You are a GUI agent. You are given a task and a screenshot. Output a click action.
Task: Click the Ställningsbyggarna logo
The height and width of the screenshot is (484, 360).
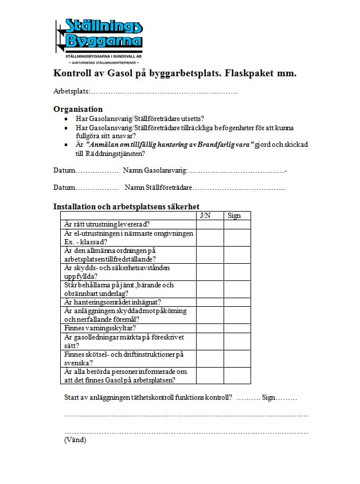tap(99, 40)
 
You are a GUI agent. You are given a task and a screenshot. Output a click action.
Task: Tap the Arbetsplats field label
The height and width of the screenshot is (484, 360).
tap(72, 92)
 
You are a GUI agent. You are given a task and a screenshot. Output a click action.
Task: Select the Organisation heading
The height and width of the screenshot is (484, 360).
tap(78, 109)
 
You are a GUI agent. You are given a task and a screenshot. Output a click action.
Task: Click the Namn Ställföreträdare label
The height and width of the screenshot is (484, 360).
tap(158, 188)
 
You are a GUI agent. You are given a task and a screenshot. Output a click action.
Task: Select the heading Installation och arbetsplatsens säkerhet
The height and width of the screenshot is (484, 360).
tap(126, 206)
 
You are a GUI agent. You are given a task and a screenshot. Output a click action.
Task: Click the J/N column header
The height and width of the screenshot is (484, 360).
tap(205, 216)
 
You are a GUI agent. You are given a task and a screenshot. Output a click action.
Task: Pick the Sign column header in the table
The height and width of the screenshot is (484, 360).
tap(234, 216)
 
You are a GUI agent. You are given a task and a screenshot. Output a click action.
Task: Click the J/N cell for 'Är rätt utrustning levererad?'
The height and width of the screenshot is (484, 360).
tap(210, 224)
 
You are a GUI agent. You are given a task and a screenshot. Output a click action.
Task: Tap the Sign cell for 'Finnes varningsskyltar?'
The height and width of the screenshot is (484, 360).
tap(237, 328)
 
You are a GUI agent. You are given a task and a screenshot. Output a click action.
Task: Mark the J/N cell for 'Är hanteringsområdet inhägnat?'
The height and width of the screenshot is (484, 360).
tap(210, 302)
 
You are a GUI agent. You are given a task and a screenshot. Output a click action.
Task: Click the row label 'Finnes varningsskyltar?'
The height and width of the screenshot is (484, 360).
tap(100, 328)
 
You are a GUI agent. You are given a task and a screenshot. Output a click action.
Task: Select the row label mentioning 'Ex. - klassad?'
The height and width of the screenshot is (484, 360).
tap(129, 237)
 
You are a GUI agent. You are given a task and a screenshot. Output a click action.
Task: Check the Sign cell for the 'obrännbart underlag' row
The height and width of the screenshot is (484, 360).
tap(237, 289)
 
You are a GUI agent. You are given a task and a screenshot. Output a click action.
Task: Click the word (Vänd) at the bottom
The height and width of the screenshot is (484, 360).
tap(75, 440)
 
